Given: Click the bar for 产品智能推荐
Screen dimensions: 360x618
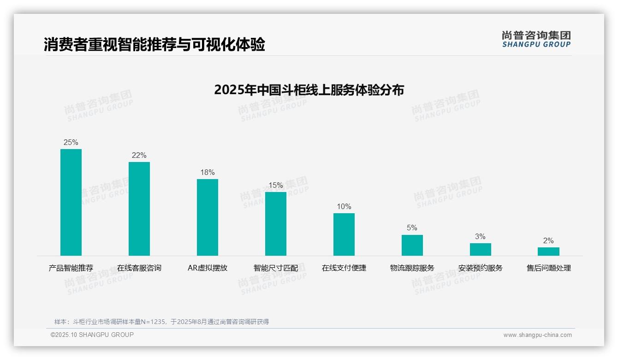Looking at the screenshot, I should click(71, 202).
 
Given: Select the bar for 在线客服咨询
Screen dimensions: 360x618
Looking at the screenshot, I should click(139, 209).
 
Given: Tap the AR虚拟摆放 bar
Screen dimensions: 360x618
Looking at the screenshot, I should click(208, 217).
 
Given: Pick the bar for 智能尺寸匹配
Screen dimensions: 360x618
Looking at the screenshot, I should click(276, 224).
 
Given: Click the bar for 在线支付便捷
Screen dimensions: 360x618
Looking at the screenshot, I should click(344, 234).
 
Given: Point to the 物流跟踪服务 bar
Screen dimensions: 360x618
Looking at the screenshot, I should click(412, 245).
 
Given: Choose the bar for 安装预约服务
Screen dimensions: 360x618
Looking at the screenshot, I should click(481, 249).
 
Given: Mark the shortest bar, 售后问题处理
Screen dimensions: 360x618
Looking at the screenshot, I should click(548, 252).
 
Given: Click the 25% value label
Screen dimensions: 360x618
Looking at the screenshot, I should click(71, 143).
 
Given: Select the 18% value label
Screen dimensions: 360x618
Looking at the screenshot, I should click(208, 173).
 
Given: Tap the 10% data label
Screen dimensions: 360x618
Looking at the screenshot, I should click(344, 207).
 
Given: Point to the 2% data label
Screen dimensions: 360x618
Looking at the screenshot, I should click(548, 241).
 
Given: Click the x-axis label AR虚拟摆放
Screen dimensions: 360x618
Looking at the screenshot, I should click(208, 268).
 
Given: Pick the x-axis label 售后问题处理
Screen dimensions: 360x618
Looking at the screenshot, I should click(549, 268).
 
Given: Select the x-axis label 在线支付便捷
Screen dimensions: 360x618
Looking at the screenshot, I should click(344, 268).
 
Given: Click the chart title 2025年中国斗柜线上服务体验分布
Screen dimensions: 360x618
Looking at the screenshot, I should click(309, 90).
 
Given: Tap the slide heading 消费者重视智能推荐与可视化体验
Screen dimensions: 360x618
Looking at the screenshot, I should click(154, 45).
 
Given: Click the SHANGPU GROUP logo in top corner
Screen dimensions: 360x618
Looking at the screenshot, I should click(536, 39).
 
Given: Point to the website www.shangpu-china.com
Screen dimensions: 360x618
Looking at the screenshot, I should click(537, 335).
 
